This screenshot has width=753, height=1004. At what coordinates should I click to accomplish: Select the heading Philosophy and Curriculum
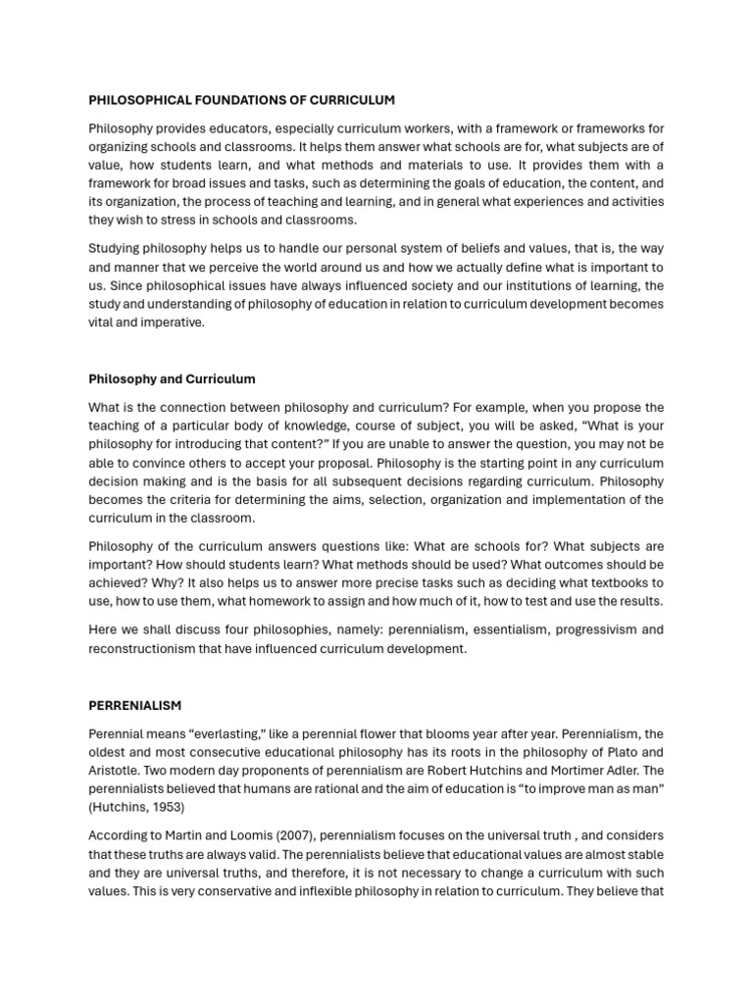point(172,378)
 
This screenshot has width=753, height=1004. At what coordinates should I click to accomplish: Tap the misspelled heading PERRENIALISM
point(134,705)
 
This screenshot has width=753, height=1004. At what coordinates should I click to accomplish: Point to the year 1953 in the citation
point(164,807)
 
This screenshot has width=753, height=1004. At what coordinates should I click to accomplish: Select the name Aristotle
point(115,771)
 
